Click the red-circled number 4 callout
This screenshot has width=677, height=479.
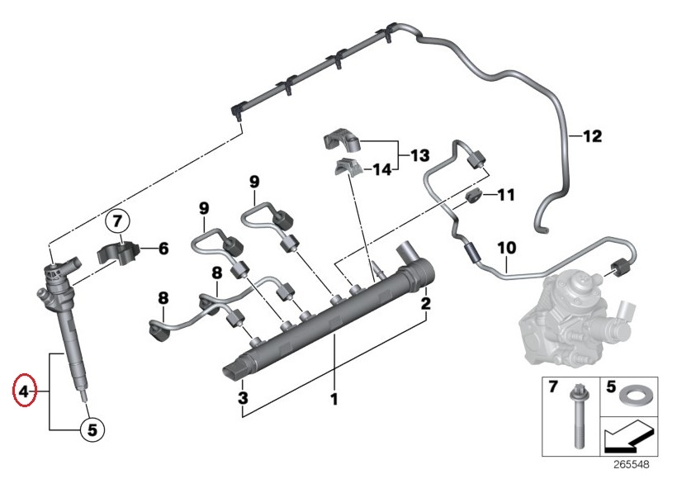pyautogui.click(x=25, y=391)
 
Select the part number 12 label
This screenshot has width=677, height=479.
pyautogui.click(x=593, y=135)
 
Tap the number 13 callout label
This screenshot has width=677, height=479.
pyautogui.click(x=419, y=154)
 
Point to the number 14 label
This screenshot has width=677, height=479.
pyautogui.click(x=381, y=170)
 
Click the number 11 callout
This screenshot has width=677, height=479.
pyautogui.click(x=505, y=196)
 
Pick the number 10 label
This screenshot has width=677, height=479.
pyautogui.click(x=506, y=247)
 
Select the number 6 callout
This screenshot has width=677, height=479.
pyautogui.click(x=163, y=247)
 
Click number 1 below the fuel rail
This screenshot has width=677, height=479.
pyautogui.click(x=334, y=400)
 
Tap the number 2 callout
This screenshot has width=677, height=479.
pyautogui.click(x=426, y=304)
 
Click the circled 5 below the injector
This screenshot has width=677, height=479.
pyautogui.click(x=92, y=429)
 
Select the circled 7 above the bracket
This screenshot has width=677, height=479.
pyautogui.click(x=117, y=221)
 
